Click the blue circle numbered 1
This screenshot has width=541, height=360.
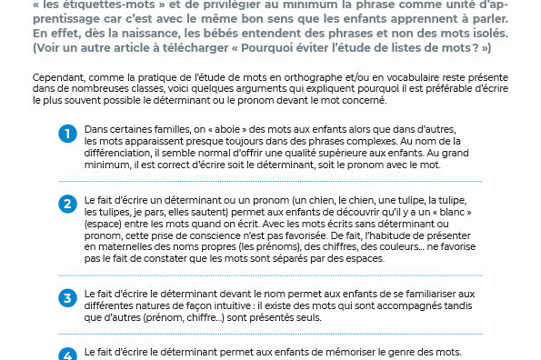[x=67, y=135]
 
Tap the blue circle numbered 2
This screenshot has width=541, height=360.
[x=67, y=203]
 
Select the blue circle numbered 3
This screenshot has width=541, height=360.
[x=67, y=297]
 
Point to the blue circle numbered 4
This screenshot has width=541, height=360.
[x=67, y=355]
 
